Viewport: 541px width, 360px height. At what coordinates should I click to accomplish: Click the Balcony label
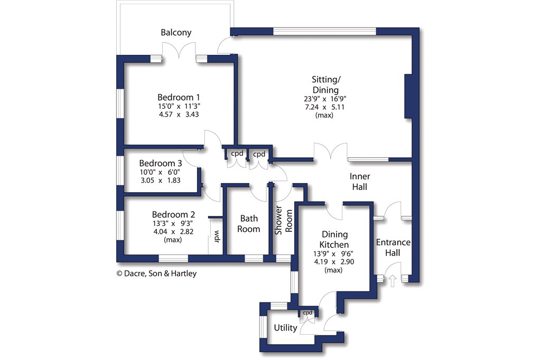tap(176, 32)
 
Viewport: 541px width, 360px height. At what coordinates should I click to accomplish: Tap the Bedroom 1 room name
tap(179, 97)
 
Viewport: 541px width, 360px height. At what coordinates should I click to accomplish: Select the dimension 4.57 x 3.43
tap(179, 114)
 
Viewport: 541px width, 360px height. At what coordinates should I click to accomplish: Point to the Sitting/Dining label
tap(325, 85)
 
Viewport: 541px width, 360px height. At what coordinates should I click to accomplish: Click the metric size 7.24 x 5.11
tap(325, 107)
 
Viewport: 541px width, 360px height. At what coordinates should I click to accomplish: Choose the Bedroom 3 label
tap(161, 163)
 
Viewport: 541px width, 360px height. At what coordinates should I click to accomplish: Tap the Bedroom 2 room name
tap(173, 214)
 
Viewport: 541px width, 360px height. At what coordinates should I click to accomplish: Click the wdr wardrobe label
tap(217, 236)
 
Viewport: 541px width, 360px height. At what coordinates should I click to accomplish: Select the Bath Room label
tap(249, 223)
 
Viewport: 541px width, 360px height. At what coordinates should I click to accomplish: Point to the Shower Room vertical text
tap(284, 220)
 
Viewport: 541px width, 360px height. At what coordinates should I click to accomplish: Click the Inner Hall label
tap(360, 182)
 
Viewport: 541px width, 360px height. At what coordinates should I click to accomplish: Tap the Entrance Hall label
tap(393, 248)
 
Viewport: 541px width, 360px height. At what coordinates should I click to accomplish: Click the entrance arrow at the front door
tap(393, 281)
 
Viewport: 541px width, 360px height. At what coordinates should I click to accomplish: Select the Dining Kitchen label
tap(334, 239)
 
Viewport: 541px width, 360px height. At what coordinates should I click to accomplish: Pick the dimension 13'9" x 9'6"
tap(333, 253)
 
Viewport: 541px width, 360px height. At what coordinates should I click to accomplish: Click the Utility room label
tap(285, 328)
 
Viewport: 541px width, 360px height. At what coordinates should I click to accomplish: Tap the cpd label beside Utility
tap(307, 313)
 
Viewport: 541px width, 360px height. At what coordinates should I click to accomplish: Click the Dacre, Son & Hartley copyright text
tap(156, 273)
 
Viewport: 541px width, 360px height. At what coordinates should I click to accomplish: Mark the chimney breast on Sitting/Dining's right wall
tap(408, 97)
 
